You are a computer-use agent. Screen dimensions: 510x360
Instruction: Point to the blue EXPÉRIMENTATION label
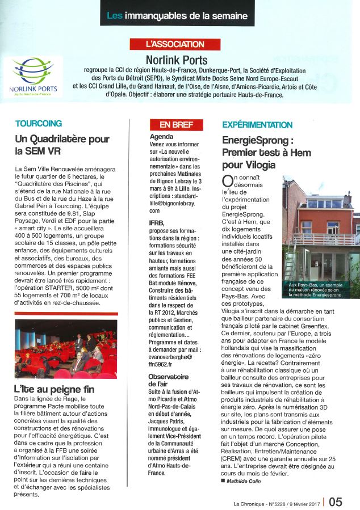(x=257, y=125)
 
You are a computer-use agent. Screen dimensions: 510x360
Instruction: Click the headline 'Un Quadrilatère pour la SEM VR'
(x=62, y=145)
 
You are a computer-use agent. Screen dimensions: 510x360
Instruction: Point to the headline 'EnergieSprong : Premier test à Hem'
(x=259, y=151)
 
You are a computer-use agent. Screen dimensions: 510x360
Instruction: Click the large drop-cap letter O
(x=227, y=181)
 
